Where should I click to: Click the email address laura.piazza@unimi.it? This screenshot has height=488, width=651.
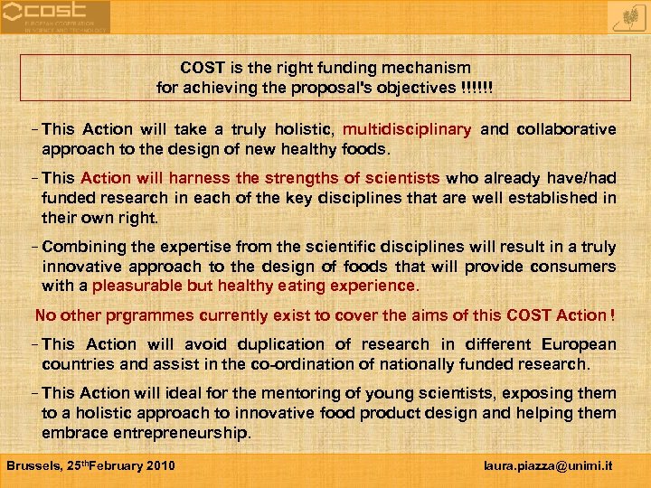coord(548,466)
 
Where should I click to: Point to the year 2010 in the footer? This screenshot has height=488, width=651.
coord(159,466)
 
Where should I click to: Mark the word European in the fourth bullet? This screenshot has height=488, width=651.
coord(579,344)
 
